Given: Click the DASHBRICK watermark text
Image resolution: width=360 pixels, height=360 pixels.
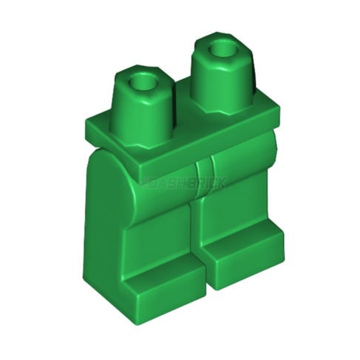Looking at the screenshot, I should [x=184, y=183].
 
